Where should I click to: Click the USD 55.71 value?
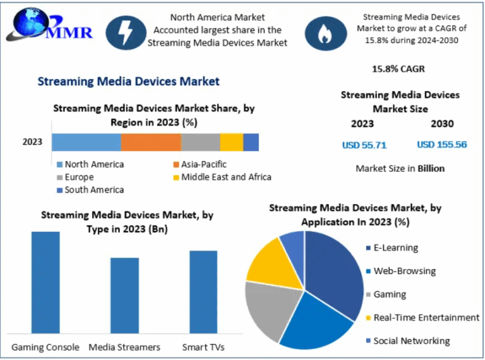click(364, 145)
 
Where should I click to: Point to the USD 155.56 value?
click(442, 145)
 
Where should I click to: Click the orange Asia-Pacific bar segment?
click(151, 142)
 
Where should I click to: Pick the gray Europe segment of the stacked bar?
click(200, 142)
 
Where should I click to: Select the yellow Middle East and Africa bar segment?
click(231, 142)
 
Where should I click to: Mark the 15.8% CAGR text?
click(398, 68)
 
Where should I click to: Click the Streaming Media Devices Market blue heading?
click(129, 81)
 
